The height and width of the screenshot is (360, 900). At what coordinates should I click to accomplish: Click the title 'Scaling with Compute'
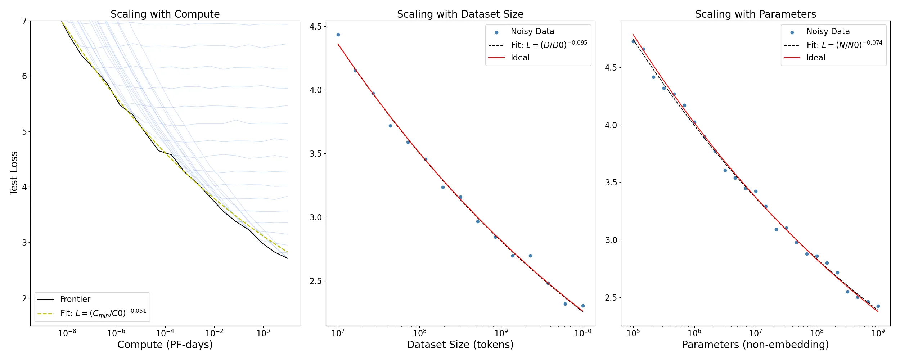[165, 14]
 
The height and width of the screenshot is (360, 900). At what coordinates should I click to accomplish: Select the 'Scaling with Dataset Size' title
[460, 14]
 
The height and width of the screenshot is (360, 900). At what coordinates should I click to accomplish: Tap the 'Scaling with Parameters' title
[755, 14]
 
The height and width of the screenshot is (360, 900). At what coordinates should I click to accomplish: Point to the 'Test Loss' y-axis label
[14, 173]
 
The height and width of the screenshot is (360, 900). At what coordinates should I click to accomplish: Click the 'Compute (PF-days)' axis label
[165, 345]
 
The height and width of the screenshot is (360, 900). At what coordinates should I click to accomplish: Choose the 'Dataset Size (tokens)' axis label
[460, 345]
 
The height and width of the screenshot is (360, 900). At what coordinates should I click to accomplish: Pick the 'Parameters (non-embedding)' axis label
[755, 345]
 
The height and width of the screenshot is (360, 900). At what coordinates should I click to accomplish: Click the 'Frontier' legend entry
[75, 299]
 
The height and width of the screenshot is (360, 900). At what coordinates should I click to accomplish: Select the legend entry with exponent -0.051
[103, 313]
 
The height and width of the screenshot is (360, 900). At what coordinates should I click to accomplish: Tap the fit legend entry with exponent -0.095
[549, 45]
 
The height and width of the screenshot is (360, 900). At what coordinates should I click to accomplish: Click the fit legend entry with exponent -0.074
[844, 45]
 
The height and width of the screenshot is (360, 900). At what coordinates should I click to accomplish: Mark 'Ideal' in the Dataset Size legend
[520, 58]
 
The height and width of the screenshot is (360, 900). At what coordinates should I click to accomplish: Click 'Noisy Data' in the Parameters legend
[828, 32]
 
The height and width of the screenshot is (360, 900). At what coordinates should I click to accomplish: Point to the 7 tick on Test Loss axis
[24, 21]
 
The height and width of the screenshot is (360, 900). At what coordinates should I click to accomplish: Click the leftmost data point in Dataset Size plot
[338, 35]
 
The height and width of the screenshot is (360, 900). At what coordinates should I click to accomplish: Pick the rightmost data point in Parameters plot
[878, 306]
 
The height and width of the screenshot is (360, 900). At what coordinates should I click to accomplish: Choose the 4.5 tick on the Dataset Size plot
[315, 26]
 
